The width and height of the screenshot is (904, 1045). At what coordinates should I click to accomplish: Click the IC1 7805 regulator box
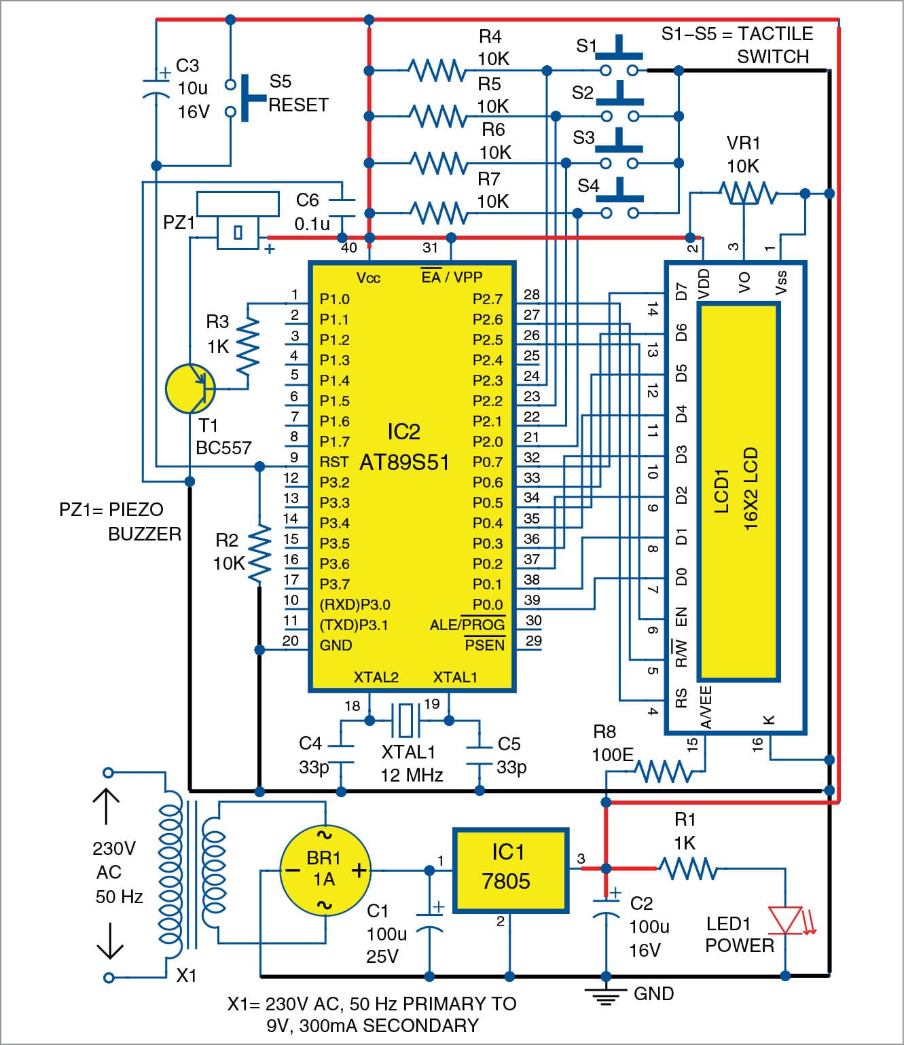click(510, 869)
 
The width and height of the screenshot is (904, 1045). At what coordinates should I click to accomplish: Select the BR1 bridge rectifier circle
click(325, 870)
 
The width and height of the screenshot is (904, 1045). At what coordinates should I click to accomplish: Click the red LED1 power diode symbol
click(786, 920)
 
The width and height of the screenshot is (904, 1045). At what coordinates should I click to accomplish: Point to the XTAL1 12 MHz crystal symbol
click(405, 720)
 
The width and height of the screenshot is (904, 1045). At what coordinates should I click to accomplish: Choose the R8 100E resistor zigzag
click(664, 771)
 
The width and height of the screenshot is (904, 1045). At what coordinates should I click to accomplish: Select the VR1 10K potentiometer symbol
click(746, 194)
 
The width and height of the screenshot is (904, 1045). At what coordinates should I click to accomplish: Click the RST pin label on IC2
click(334, 462)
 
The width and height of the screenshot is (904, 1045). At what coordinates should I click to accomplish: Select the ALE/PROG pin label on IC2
click(467, 625)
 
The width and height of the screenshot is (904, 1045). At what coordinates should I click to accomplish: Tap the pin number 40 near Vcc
click(348, 248)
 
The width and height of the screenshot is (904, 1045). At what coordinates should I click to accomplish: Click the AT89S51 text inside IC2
click(404, 462)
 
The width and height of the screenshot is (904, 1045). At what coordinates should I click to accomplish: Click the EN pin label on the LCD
click(681, 617)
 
